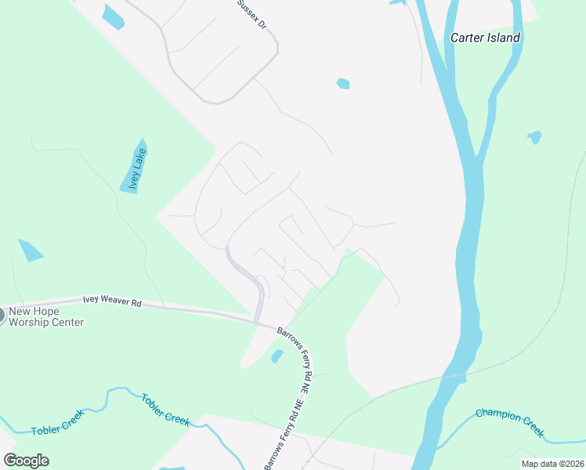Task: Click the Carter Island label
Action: pyautogui.click(x=485, y=38)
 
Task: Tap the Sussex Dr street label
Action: pyautogui.click(x=253, y=14)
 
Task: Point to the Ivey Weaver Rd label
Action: pyautogui.click(x=113, y=301)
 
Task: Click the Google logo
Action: pyautogui.click(x=26, y=461)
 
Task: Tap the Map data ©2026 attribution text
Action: pyautogui.click(x=552, y=464)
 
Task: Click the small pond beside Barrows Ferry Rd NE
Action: pyautogui.click(x=277, y=356)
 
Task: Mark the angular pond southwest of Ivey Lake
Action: pyautogui.click(x=31, y=250)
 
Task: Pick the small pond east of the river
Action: pyautogui.click(x=534, y=137)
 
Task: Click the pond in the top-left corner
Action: pyautogui.click(x=113, y=16)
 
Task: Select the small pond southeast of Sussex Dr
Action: pyautogui.click(x=342, y=83)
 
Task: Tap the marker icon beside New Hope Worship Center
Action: pyautogui.click(x=1, y=316)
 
